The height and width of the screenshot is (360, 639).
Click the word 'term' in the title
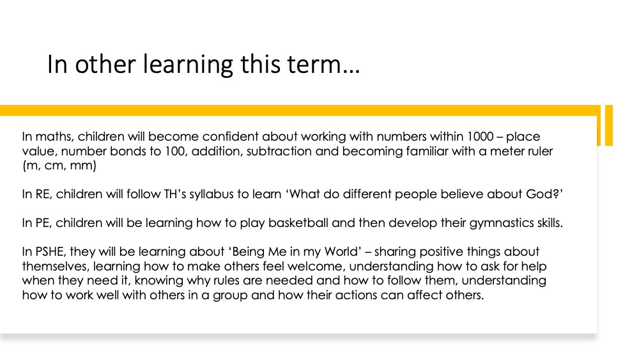[314, 65]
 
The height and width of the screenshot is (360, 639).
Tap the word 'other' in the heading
[105, 65]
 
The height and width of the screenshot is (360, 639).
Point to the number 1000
[481, 136]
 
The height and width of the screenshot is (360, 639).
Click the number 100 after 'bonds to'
[175, 152]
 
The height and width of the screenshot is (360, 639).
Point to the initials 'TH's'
[175, 194]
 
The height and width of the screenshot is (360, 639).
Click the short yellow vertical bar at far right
[609, 125]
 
